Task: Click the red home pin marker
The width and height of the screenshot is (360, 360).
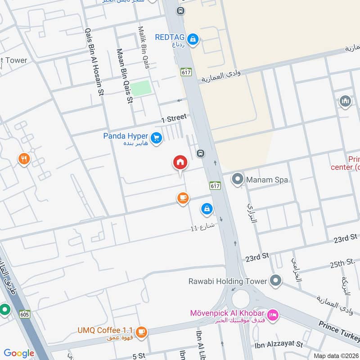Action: pos(180,162)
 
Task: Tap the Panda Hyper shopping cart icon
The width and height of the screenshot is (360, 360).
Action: pos(156,138)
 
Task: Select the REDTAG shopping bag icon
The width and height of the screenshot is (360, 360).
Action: pos(193,40)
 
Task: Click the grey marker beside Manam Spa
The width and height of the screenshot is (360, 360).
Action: pos(237,180)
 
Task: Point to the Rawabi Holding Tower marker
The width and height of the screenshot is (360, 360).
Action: pos(275,281)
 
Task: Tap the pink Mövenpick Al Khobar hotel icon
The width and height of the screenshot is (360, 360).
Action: pos(272,315)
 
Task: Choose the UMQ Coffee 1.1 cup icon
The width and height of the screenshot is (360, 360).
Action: pos(141,332)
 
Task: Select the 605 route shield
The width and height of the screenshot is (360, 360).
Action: pos(25,314)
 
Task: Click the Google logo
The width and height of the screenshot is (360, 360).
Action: pos(19,353)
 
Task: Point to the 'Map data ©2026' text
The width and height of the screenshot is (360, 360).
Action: pos(336,355)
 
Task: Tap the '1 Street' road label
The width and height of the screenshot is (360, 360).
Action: pos(174,118)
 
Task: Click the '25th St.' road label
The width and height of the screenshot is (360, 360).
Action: pos(342,263)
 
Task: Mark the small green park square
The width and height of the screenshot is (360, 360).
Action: pos(142,87)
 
